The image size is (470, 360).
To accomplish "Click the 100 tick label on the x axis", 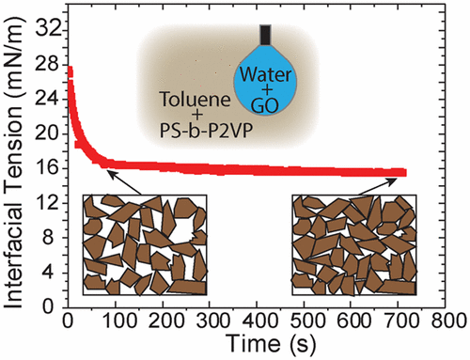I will coord(117,321).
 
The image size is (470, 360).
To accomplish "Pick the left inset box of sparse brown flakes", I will coord(144,244).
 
